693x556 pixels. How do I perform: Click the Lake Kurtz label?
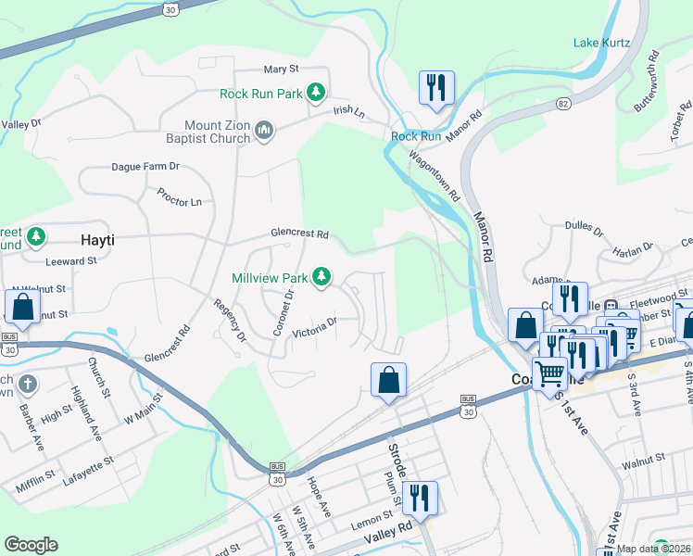point(601,43)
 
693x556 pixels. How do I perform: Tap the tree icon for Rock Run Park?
point(317,92)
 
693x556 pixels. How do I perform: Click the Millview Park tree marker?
point(321,276)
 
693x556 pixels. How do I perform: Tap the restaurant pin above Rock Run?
point(434,89)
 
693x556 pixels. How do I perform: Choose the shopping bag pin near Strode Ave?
point(388,379)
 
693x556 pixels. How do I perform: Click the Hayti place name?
point(97,239)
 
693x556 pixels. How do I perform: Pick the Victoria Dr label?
point(314,327)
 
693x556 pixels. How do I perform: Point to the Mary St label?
point(281,69)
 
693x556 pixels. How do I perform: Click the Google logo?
point(31,544)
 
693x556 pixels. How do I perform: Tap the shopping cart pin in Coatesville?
point(550,373)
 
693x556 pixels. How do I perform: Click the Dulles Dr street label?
point(585,231)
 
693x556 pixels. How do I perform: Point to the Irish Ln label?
point(349,111)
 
